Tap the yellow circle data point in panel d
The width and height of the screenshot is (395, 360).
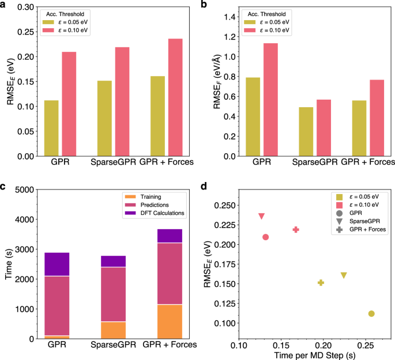(371, 313)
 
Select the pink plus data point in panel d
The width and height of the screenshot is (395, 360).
(296, 229)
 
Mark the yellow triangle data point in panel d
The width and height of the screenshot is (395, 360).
(344, 276)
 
